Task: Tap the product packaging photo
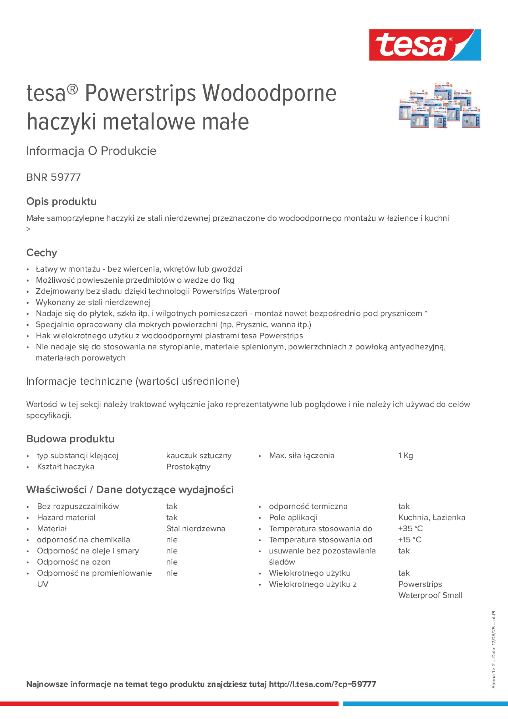pos(439,106)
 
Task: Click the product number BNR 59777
pos(53,177)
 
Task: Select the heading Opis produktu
pos(61,201)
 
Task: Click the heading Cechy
pos(42,253)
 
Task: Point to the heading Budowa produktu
pos(70,439)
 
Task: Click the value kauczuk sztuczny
pos(199,456)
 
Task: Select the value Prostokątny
pos(188,467)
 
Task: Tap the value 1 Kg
pos(406,456)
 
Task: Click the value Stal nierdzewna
pos(195,529)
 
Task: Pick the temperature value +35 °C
pos(410,529)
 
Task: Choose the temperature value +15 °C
pos(410,539)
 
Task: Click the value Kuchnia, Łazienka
pos(432,517)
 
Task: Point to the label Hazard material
pos(66,517)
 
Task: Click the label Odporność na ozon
pos(73,562)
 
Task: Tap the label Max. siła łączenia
pos(302,456)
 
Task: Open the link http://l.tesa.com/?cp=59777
pos(322,684)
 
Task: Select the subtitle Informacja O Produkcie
pos(91,151)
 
